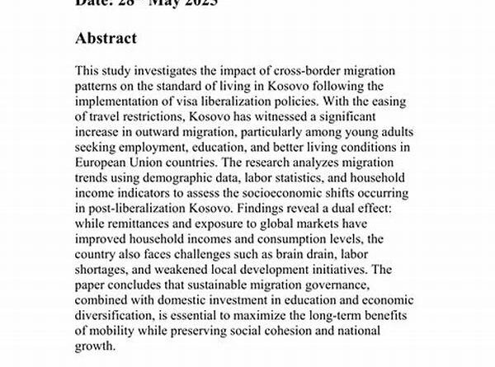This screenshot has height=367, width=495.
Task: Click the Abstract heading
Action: click(106, 39)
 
